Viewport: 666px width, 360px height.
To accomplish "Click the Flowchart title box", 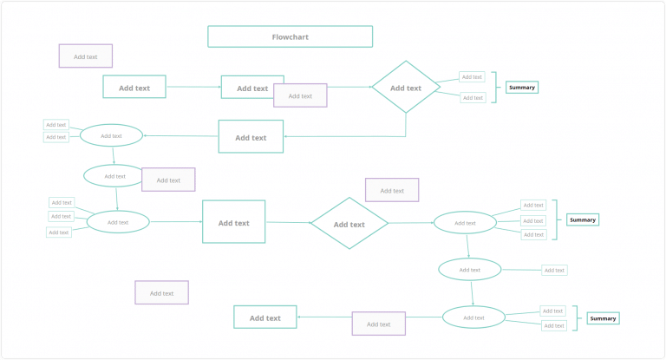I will [x=290, y=36].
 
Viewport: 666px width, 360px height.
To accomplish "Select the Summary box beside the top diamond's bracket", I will [x=521, y=87].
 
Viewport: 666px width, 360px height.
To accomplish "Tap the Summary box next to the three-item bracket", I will [x=583, y=219].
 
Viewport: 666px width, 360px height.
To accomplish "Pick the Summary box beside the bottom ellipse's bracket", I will [x=603, y=318].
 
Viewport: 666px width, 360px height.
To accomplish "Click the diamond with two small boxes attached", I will [x=405, y=88].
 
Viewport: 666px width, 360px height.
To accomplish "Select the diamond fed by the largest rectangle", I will [x=349, y=224].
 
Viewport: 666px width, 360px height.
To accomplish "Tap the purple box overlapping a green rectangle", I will [x=300, y=95].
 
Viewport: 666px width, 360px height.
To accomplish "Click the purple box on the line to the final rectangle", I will [x=378, y=324].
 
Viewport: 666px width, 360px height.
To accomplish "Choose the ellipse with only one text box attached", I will [x=469, y=269].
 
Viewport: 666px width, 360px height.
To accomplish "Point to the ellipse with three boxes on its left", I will [x=118, y=222].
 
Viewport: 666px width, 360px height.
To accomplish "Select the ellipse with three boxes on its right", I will [x=465, y=223].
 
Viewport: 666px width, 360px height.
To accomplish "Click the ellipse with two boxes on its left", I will [x=111, y=135].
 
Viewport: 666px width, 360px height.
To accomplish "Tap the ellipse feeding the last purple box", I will [x=473, y=317].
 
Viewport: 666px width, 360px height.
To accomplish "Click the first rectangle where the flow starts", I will [x=134, y=87].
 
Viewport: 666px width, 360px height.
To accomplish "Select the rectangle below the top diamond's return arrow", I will [x=251, y=137].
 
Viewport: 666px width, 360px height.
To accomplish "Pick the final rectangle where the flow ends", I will [x=264, y=317].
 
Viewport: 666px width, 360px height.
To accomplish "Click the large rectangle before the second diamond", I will [x=233, y=222].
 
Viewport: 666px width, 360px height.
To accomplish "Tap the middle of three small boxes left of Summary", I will [x=532, y=220].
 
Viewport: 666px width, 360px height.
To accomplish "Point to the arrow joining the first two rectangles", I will [x=193, y=87].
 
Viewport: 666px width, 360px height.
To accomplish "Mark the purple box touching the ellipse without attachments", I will [x=168, y=180].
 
